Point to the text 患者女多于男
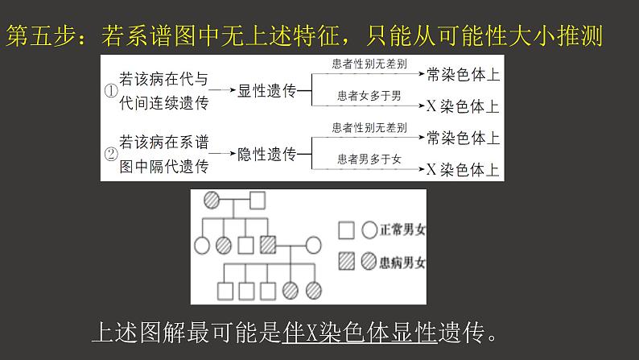point(369,96)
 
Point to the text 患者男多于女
point(369,159)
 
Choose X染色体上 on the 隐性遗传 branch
point(463,169)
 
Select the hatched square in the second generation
point(268,243)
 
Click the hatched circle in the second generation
point(225,243)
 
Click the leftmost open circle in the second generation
point(202,243)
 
